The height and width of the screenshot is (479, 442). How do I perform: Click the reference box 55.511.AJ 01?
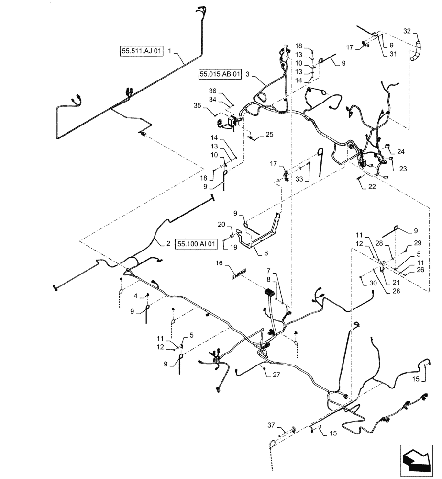(142, 51)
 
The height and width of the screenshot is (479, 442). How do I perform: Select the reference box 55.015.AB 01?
(219, 75)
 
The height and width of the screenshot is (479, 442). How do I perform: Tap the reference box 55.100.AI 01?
(197, 244)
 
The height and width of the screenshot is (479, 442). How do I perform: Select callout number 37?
(270, 424)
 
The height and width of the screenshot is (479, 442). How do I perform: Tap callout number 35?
(210, 107)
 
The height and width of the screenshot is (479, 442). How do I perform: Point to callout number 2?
(168, 244)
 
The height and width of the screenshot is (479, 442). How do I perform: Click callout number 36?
(211, 91)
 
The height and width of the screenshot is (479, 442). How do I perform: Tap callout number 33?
(299, 179)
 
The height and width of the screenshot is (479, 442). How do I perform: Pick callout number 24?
(400, 152)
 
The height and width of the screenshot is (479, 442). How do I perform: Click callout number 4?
(136, 296)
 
